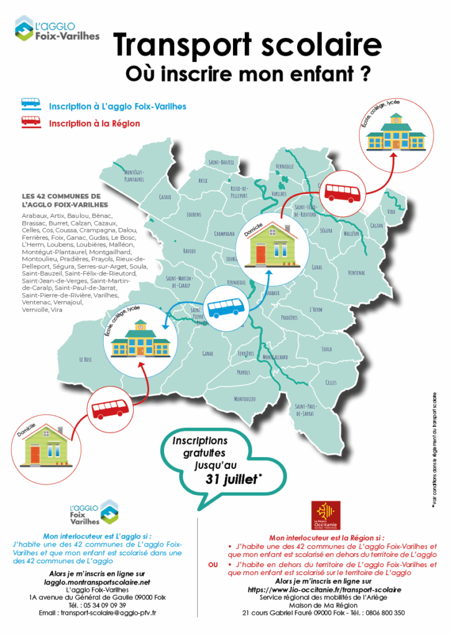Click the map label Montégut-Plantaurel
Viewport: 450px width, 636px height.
(x=134, y=175)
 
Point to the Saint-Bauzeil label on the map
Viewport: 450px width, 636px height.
(x=222, y=162)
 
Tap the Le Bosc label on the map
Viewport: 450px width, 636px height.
(x=85, y=360)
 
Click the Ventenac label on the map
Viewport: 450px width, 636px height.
(x=356, y=273)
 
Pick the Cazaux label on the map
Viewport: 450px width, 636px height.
(x=165, y=198)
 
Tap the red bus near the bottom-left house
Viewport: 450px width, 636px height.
(x=111, y=409)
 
